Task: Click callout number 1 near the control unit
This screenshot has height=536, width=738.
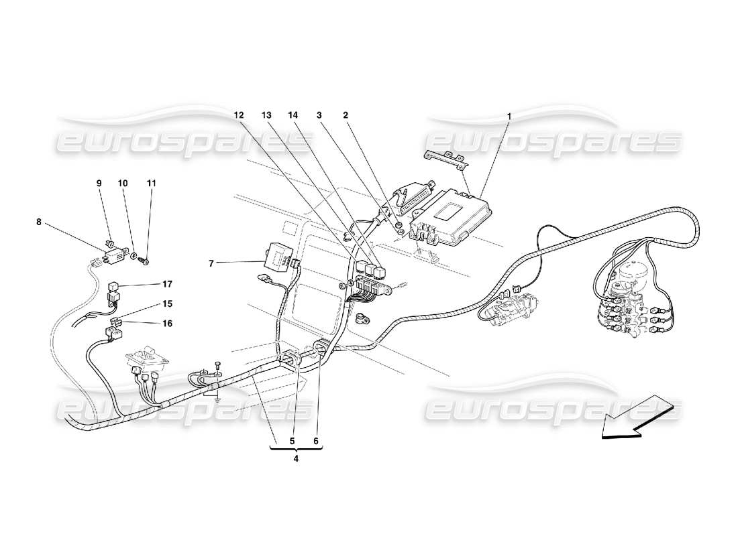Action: (509, 116)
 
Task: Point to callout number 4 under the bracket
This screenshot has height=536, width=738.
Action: (296, 459)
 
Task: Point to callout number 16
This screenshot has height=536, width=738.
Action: (166, 324)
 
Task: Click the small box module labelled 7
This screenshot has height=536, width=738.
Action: (279, 253)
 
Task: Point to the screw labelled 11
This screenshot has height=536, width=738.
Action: (146, 260)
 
